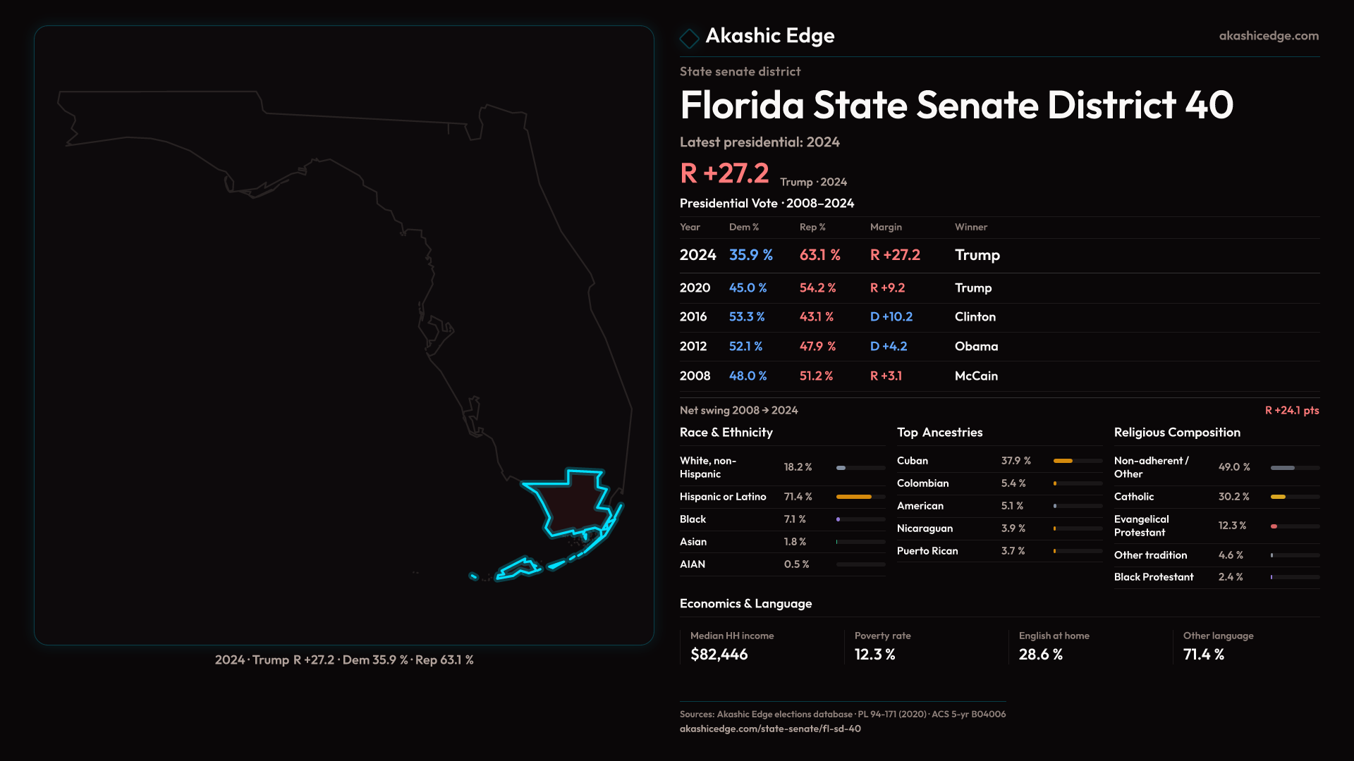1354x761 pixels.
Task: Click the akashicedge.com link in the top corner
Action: tap(1268, 36)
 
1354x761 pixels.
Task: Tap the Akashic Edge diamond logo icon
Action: tap(689, 38)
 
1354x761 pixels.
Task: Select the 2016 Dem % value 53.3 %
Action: tap(746, 317)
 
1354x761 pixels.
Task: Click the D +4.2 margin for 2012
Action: tap(888, 347)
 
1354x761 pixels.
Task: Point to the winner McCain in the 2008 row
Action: tap(975, 376)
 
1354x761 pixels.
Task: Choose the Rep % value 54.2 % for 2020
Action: tap(817, 288)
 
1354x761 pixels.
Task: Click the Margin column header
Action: tap(886, 227)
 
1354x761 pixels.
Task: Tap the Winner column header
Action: tap(970, 227)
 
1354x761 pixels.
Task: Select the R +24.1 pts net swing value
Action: tap(1291, 411)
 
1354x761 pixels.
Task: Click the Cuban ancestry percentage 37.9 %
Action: tap(1015, 461)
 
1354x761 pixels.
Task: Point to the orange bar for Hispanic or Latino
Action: tap(853, 497)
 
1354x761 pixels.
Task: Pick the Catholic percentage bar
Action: tap(1278, 497)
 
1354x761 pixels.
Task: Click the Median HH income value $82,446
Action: tap(719, 655)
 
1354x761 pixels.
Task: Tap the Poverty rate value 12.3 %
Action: tap(874, 655)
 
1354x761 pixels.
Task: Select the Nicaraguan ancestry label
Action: tap(925, 528)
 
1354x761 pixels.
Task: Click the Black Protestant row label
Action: tap(1153, 577)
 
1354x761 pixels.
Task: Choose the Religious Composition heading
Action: tap(1176, 433)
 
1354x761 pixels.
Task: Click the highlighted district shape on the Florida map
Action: tap(571, 504)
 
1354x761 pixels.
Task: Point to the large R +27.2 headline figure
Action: tap(724, 173)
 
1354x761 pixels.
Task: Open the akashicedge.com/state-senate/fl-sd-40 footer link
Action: tap(770, 729)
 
